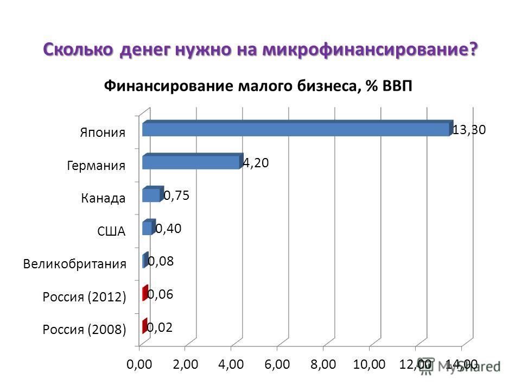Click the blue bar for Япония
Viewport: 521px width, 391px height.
coord(298,128)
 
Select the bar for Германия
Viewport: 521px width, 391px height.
coord(193,161)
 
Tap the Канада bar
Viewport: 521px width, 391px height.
coord(153,194)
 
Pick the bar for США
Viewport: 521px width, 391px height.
coord(149,227)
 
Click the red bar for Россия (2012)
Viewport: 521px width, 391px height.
coord(145,293)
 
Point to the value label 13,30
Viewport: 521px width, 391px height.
coord(469,130)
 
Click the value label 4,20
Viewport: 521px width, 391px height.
coord(256,162)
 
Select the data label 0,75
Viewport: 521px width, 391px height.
coord(177,195)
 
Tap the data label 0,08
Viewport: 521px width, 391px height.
coord(161,261)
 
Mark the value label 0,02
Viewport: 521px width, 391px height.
coord(160,327)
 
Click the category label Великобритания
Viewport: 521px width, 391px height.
coord(75,264)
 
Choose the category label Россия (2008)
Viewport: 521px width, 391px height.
coord(85,330)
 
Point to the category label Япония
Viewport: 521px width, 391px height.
coord(103,133)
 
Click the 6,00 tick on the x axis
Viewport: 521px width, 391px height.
coord(277,364)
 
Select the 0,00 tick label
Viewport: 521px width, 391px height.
coord(139,364)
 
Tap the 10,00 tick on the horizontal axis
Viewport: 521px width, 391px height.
coord(369,364)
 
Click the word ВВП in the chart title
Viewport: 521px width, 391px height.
coord(397,86)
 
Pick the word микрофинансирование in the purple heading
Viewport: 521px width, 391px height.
coord(370,49)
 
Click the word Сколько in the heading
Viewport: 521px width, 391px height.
coord(78,49)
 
